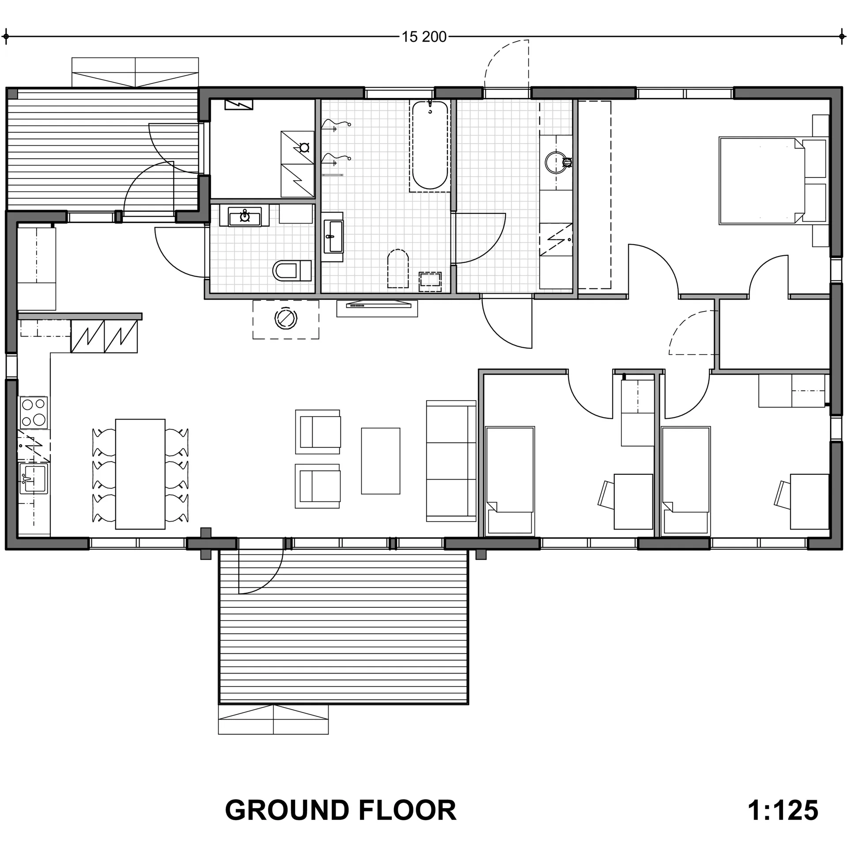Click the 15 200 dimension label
point(424,37)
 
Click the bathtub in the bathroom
point(430,145)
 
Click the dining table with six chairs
point(140,474)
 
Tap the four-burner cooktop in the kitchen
point(34,412)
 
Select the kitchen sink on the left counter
point(33,479)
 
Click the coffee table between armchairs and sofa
point(380,461)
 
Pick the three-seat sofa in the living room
point(451,461)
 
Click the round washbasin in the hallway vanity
point(556,163)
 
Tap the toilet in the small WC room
point(292,270)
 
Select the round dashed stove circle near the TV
point(285,318)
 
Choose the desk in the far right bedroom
point(809,501)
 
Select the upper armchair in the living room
point(318,432)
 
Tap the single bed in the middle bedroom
point(510,481)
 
